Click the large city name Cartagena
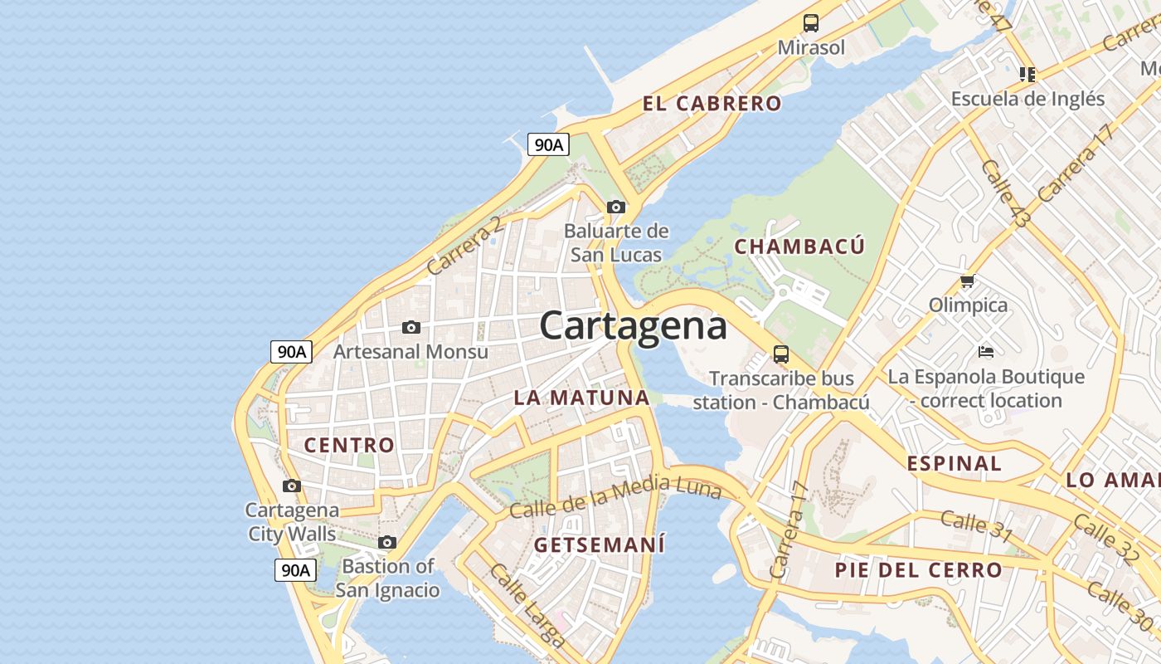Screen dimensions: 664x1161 [633, 326]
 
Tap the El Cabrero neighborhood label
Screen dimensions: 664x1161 [712, 104]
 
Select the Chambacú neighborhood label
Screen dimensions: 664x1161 [799, 247]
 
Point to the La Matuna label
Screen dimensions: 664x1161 [581, 398]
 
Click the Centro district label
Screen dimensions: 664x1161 [349, 445]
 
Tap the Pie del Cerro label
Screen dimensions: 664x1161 [918, 570]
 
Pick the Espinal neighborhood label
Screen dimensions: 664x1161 [954, 463]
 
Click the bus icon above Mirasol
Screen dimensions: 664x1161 [811, 23]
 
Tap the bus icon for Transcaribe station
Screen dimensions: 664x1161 [781, 354]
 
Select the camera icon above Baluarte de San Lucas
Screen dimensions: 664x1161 [615, 207]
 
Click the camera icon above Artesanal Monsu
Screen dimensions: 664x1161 [410, 327]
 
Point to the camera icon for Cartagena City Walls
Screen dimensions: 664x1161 [292, 486]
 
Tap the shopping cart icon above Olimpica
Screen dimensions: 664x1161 [967, 281]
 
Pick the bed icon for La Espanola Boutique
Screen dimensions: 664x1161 [985, 352]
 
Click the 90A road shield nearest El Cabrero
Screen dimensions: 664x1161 [548, 144]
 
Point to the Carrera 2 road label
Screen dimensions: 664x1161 [464, 246]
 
